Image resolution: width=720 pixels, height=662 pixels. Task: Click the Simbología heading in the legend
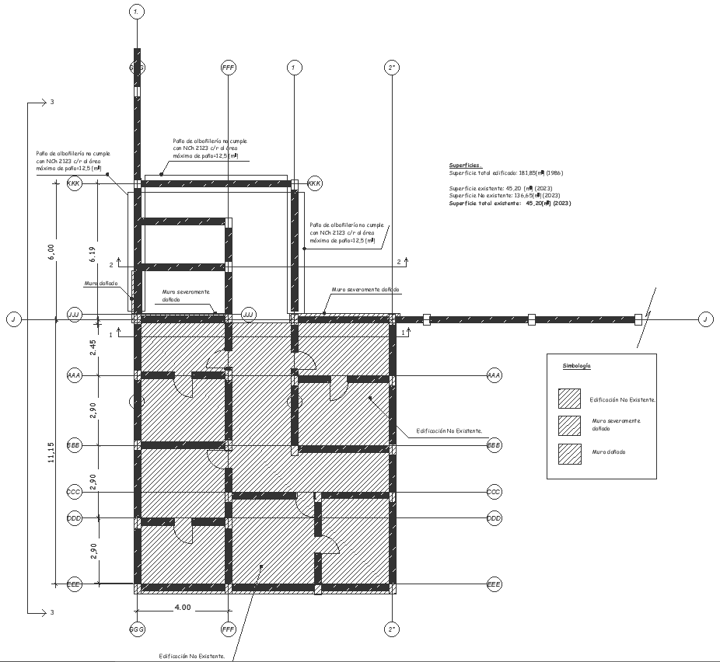pos(577,364)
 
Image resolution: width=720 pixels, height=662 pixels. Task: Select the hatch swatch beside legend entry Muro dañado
pos(569,451)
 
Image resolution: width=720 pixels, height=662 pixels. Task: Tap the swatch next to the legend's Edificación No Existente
pos(569,398)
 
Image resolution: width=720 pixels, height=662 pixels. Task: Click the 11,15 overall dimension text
pos(51,452)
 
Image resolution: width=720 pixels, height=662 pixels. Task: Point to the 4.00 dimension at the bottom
pos(182,608)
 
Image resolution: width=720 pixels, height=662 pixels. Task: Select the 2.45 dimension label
pos(93,347)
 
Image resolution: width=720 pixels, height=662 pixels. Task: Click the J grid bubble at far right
pos(704,319)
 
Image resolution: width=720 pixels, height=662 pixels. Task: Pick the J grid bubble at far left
pos(12,319)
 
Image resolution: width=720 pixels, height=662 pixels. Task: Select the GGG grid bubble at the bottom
pos(137,628)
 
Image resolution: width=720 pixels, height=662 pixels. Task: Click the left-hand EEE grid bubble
pos(75,584)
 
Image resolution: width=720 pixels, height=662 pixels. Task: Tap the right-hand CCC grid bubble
pos(494,492)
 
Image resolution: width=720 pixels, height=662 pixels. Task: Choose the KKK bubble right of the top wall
pos(314,183)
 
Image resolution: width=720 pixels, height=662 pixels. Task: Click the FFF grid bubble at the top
pos(228,68)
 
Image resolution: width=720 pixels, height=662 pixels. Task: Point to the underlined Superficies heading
pos(465,165)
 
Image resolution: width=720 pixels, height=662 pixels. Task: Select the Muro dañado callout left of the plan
pos(101,284)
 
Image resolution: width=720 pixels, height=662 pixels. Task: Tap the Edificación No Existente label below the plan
pos(192,656)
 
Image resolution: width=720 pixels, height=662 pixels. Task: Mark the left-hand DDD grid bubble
pos(75,518)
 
